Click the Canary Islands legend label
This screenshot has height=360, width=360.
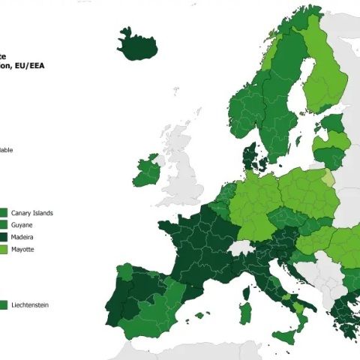click(32, 213)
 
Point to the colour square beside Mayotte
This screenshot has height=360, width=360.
click(4, 248)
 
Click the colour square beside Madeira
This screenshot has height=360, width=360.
click(4, 236)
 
